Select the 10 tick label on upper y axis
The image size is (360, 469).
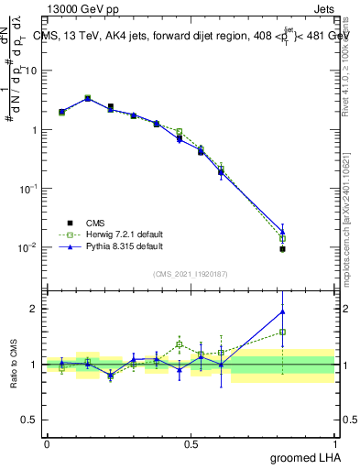[x=32, y=71]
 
